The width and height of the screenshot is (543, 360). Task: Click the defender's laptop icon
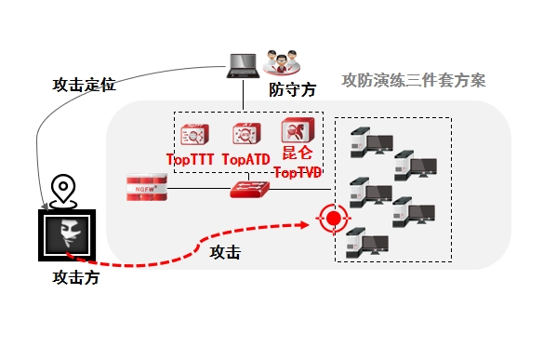point(243,66)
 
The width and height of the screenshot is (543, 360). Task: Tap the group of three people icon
point(282,62)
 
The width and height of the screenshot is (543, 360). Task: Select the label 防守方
point(293,89)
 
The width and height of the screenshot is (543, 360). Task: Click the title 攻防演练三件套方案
point(414,80)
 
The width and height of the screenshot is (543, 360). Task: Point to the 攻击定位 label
point(84,85)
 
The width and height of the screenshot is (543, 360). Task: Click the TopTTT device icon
point(194,135)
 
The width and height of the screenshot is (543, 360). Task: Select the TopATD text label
point(245,159)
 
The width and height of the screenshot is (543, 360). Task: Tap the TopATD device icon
point(246,134)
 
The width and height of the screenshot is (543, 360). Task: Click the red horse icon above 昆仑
point(298,130)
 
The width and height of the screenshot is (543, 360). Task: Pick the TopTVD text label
point(298,172)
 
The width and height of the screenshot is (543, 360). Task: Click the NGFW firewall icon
point(147,188)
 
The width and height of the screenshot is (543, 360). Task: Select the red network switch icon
point(249,189)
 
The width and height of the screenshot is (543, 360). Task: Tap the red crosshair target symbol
point(333,219)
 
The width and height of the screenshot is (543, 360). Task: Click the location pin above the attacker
point(63,192)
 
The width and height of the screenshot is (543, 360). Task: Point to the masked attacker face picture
point(67,235)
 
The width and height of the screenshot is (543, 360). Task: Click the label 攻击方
point(76,278)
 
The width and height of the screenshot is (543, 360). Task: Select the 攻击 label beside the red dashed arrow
point(225,252)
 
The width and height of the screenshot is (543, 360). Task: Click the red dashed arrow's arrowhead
point(305,225)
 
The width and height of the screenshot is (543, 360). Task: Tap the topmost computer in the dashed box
point(372,142)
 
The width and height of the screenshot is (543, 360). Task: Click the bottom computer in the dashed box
point(367,243)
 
